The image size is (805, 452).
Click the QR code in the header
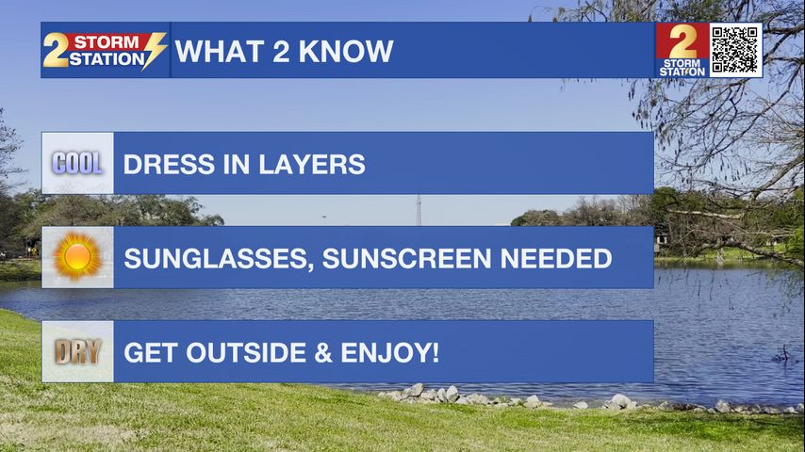click(x=735, y=50)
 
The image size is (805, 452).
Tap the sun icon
click(x=77, y=256)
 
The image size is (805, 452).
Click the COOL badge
click(x=77, y=163)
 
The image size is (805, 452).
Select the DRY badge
click(x=77, y=352)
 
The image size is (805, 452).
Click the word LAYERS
click(x=312, y=164)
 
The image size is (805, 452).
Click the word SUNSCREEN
click(x=406, y=259)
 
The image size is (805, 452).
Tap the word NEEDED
click(x=556, y=259)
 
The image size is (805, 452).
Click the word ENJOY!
click(x=390, y=353)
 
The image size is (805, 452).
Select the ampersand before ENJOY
click(x=323, y=353)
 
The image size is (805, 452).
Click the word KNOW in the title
click(x=346, y=51)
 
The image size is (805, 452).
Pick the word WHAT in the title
click(x=220, y=51)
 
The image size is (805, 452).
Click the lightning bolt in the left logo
click(x=154, y=50)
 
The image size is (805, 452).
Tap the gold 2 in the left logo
click(x=56, y=50)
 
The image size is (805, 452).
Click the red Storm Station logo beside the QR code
click(x=682, y=50)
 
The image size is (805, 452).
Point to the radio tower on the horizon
click(x=419, y=210)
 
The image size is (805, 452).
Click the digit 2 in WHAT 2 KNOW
click(x=281, y=51)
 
